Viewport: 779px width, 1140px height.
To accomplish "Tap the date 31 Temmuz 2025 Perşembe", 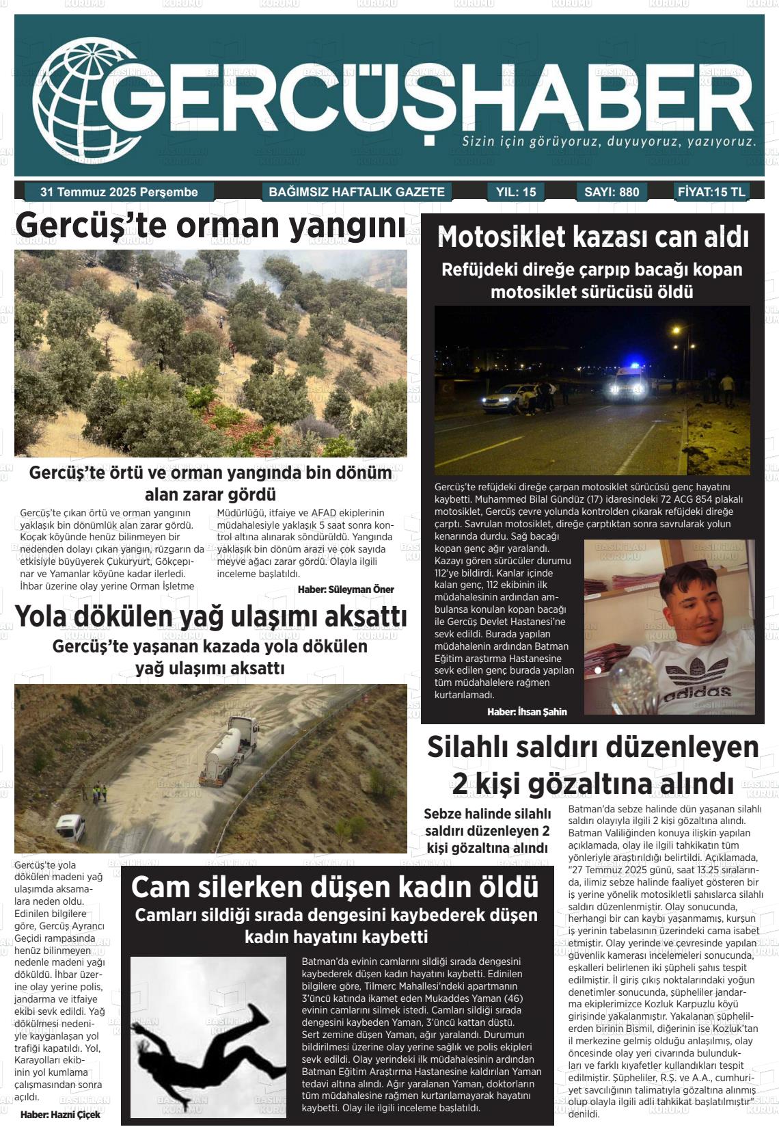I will tap(119, 192).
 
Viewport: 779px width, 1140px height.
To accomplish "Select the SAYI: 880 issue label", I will tap(612, 192).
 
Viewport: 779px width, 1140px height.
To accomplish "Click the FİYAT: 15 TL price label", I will tap(711, 192).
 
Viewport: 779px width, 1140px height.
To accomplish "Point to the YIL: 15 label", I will tap(516, 192).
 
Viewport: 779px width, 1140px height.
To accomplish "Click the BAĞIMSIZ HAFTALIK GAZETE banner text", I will tap(357, 192).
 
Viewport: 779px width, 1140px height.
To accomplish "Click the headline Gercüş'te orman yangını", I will tap(210, 226).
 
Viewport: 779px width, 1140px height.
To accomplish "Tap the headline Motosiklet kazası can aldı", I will tap(592, 237).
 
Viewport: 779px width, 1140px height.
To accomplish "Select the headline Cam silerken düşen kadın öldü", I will tap(335, 887).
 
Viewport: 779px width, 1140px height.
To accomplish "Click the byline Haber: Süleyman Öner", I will tap(346, 589).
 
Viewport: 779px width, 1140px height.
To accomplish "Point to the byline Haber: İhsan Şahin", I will tap(527, 712).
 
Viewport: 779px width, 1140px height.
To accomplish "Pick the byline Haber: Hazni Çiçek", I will tap(60, 1114).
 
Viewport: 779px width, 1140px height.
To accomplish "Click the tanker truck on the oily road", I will tap(228, 750).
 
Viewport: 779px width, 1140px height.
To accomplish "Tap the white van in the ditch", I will tap(70, 827).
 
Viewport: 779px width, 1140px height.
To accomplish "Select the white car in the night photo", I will tap(508, 399).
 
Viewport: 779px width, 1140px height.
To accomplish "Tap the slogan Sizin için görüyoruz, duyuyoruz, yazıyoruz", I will tap(609, 142).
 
